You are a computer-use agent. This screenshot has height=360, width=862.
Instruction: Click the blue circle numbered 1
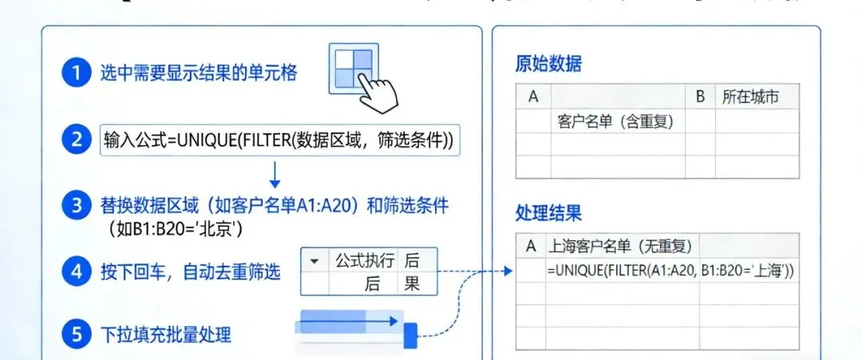click(x=76, y=74)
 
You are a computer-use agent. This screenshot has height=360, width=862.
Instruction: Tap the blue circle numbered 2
click(x=76, y=140)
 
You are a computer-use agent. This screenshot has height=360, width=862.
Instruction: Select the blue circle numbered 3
click(x=76, y=205)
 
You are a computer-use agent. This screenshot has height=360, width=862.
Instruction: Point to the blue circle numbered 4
click(x=76, y=271)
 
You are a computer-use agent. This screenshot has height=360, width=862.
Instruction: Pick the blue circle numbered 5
click(x=76, y=334)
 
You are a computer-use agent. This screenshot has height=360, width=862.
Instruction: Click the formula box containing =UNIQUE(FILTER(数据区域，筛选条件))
click(x=280, y=140)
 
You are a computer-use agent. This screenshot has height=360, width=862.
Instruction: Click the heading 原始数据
click(x=548, y=65)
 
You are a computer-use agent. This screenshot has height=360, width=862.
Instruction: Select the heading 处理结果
click(x=548, y=213)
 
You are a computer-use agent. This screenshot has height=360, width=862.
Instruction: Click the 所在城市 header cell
click(x=749, y=97)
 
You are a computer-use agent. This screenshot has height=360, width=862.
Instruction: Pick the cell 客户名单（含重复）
click(x=615, y=121)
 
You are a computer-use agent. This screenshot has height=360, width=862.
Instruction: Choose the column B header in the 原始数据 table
click(x=700, y=97)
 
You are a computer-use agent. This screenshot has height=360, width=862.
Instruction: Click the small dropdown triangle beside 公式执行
click(x=314, y=260)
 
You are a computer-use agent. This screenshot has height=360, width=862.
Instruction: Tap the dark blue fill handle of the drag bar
click(x=410, y=335)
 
